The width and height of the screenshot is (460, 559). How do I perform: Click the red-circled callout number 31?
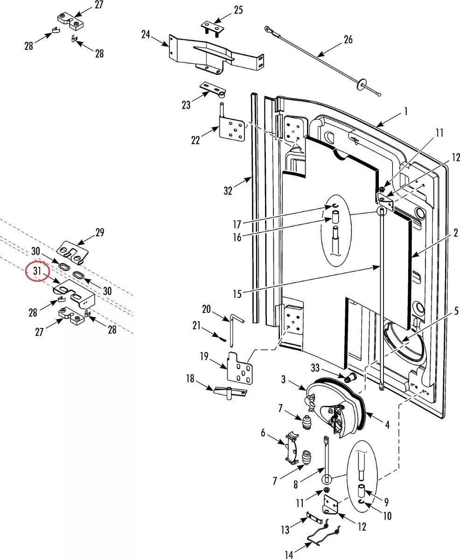[37, 271]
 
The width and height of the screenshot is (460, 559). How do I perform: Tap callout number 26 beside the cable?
[348, 40]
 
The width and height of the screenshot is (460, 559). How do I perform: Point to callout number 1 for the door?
[406, 112]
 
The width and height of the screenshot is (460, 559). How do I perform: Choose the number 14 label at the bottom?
[290, 554]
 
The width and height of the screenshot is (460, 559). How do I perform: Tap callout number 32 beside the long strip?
[228, 191]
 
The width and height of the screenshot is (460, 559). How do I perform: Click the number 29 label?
[99, 232]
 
